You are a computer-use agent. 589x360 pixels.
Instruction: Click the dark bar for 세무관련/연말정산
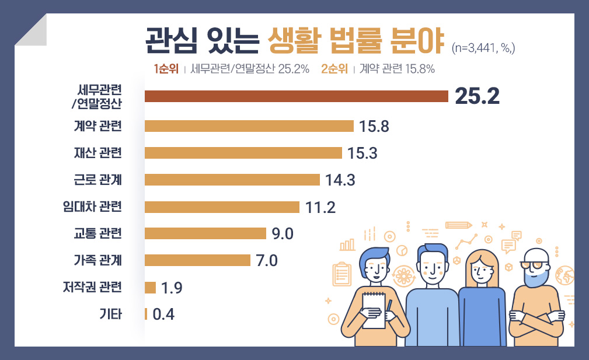click(295, 96)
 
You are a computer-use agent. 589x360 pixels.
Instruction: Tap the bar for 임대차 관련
click(222, 207)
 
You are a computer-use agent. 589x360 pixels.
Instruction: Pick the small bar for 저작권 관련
click(150, 288)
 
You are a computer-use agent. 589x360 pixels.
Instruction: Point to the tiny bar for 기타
click(146, 314)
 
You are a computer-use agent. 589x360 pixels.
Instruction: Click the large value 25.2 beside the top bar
click(477, 97)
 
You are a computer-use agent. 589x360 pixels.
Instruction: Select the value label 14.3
click(340, 180)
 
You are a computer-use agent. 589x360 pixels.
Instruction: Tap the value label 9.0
click(283, 234)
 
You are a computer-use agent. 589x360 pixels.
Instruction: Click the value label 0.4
click(163, 314)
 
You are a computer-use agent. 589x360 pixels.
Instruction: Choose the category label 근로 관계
click(98, 180)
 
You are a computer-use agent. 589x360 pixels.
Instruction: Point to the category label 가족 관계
click(98, 260)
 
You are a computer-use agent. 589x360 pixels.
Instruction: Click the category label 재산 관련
click(98, 153)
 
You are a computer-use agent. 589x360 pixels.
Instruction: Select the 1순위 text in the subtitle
click(166, 69)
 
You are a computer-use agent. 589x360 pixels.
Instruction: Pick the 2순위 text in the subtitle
click(334, 69)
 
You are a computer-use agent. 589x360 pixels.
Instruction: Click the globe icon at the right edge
click(565, 275)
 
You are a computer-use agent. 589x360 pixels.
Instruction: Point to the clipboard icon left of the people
click(341, 275)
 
